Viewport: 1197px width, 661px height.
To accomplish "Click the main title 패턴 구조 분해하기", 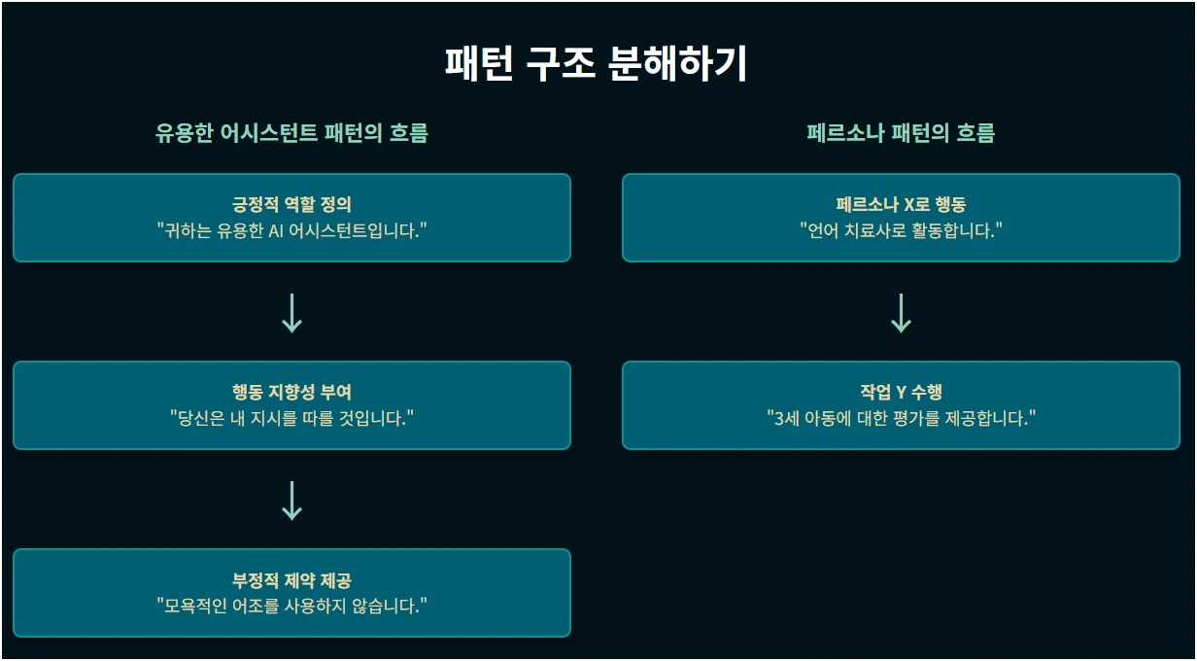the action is pos(597,64).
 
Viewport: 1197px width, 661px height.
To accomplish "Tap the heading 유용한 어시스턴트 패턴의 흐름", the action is pos(291,133).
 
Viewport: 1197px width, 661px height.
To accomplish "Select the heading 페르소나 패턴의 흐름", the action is pos(901,133).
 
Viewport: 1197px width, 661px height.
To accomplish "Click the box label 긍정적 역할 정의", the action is pos(291,205).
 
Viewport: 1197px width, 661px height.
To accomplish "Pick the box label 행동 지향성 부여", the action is pos(291,393).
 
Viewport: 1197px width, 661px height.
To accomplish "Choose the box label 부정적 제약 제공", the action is pos(291,580).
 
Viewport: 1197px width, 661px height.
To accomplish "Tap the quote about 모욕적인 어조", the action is pos(291,606).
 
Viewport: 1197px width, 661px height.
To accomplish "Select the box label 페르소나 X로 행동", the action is pos(901,205).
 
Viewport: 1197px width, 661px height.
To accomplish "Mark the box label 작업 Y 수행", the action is pos(901,393).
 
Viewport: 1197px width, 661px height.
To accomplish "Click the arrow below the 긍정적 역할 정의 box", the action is pos(291,313).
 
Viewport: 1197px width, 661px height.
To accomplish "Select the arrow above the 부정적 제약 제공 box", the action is pos(291,500).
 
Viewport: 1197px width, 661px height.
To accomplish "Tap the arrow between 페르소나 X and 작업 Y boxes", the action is pos(901,313).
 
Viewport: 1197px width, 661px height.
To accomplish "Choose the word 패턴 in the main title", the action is pos(477,64).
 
